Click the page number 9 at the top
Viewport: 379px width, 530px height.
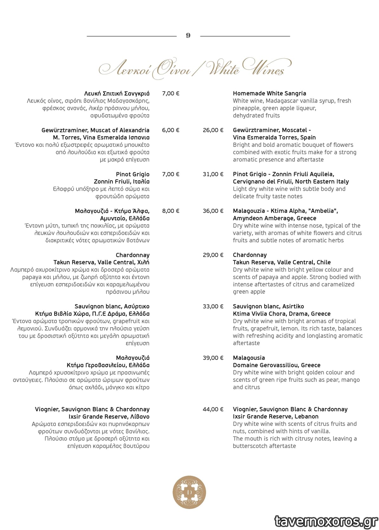click(x=188, y=35)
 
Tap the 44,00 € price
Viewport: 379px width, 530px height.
click(x=213, y=409)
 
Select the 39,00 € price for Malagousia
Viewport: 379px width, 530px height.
click(x=213, y=358)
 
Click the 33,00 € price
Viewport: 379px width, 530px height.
click(x=213, y=306)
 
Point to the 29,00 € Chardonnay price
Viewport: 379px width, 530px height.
click(x=213, y=255)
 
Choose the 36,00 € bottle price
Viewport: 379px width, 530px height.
click(x=213, y=211)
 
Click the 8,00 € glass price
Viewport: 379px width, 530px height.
click(x=171, y=211)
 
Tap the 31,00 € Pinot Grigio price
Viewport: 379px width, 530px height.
click(x=213, y=174)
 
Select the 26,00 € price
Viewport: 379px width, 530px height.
click(x=213, y=130)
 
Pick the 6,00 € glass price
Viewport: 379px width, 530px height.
click(x=171, y=130)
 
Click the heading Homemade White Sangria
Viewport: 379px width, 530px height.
click(x=269, y=93)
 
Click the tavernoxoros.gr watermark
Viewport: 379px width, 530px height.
click(x=326, y=521)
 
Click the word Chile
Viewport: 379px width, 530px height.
click(x=323, y=262)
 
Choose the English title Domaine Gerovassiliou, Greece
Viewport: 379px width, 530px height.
click(x=277, y=365)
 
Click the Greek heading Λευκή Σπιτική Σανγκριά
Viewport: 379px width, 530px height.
click(x=117, y=93)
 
